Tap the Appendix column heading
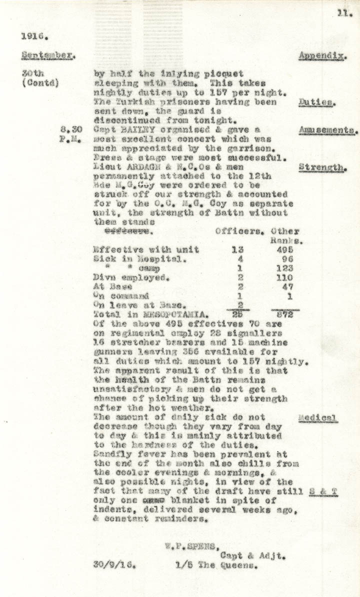[323, 56]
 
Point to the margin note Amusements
[328, 130]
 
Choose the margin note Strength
[322, 167]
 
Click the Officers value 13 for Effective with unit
[237, 249]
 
